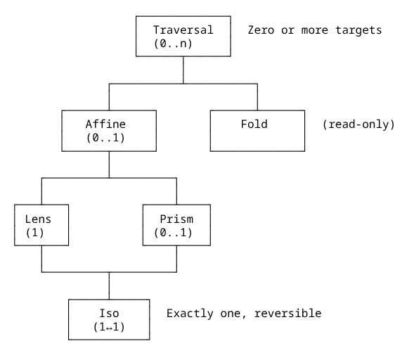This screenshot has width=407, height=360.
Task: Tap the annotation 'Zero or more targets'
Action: click(x=314, y=30)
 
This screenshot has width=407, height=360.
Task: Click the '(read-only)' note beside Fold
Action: click(x=358, y=124)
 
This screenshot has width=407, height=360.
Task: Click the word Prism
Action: click(x=176, y=218)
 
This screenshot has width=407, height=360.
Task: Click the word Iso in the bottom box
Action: click(x=109, y=312)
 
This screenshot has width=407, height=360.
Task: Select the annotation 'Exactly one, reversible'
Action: click(x=244, y=312)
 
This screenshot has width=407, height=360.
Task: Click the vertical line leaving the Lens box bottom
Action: click(x=42, y=258)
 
